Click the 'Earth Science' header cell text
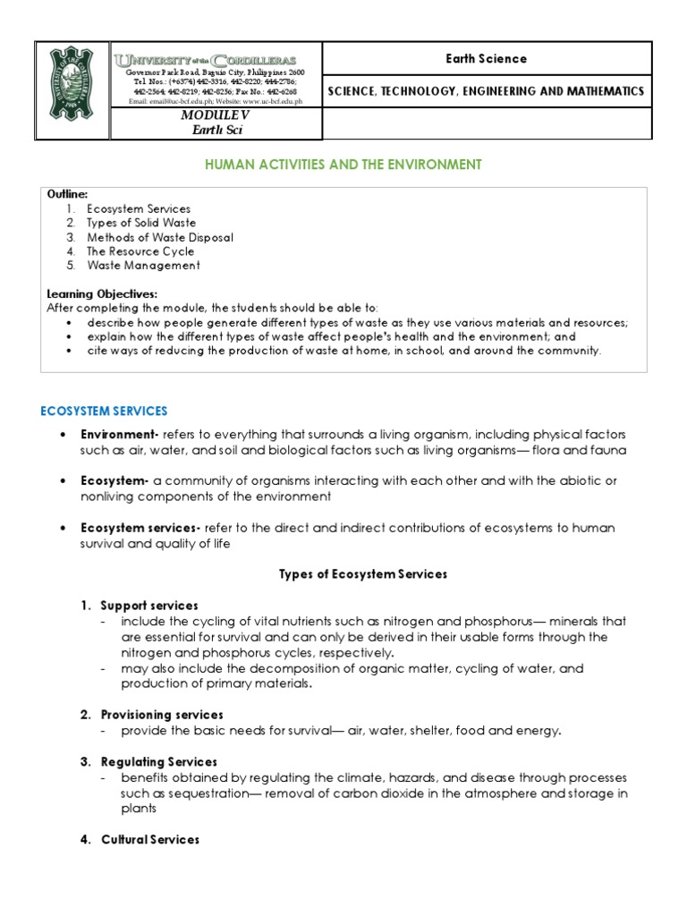(487, 59)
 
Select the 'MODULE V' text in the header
(215, 116)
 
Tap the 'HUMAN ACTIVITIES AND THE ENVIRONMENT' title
(343, 165)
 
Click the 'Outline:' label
(67, 194)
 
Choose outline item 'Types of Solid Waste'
(141, 223)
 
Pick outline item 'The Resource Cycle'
(140, 251)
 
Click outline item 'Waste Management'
(143, 266)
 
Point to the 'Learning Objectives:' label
(101, 293)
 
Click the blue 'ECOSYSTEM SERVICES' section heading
(104, 411)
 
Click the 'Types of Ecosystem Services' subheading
(363, 573)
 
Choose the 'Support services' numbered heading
(149, 606)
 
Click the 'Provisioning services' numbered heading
(162, 715)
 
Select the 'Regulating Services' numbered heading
(159, 761)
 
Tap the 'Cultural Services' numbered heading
(150, 840)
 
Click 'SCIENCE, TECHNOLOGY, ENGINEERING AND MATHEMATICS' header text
(487, 91)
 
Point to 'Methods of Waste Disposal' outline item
(159, 237)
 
